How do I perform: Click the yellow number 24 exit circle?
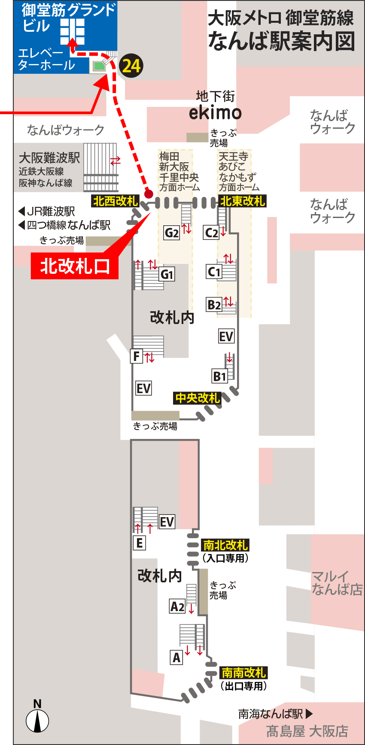click(x=131, y=66)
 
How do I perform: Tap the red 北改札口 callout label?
click(x=75, y=267)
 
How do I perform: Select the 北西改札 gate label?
click(x=115, y=201)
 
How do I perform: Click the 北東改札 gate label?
click(x=243, y=201)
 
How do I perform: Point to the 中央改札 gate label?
click(x=198, y=398)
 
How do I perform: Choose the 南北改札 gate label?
click(x=225, y=545)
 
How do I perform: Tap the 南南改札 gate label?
click(x=244, y=672)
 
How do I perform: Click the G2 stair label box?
click(x=172, y=233)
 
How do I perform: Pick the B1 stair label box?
click(x=219, y=376)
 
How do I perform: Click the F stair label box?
click(x=137, y=356)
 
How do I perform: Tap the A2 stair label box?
click(x=177, y=606)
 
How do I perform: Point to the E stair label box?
click(x=139, y=543)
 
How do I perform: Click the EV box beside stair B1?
click(x=226, y=336)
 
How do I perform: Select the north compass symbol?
click(x=37, y=720)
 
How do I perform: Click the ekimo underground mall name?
click(x=215, y=112)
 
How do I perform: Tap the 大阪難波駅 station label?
click(x=49, y=158)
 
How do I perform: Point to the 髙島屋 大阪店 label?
click(x=307, y=731)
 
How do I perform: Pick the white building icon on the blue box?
click(x=72, y=31)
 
